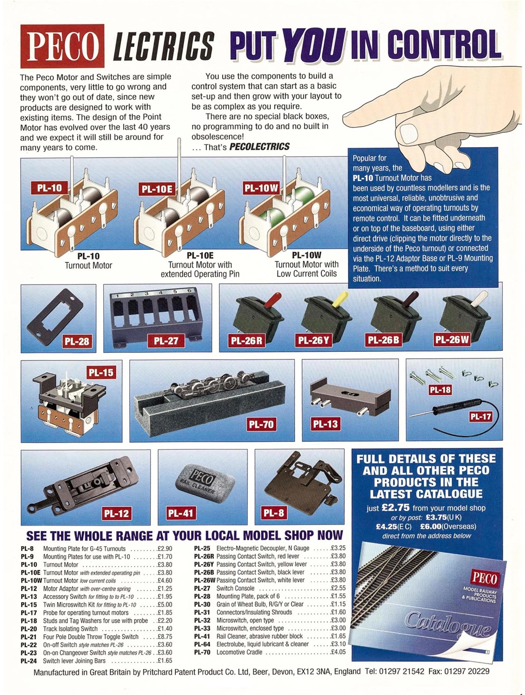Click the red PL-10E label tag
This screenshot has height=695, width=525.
click(157, 188)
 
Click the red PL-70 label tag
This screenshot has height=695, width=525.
click(261, 424)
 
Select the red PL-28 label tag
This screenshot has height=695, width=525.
click(77, 341)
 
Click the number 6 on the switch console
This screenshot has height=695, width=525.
click(188, 292)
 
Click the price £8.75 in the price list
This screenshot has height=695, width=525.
click(165, 636)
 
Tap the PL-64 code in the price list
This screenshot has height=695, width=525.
click(201, 644)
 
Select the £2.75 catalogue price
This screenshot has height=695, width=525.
click(395, 508)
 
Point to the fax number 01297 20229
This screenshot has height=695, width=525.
click(467, 671)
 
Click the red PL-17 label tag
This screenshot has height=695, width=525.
click(480, 416)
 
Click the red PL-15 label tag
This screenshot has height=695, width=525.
click(101, 372)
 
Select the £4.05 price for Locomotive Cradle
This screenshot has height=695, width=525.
click(338, 652)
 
